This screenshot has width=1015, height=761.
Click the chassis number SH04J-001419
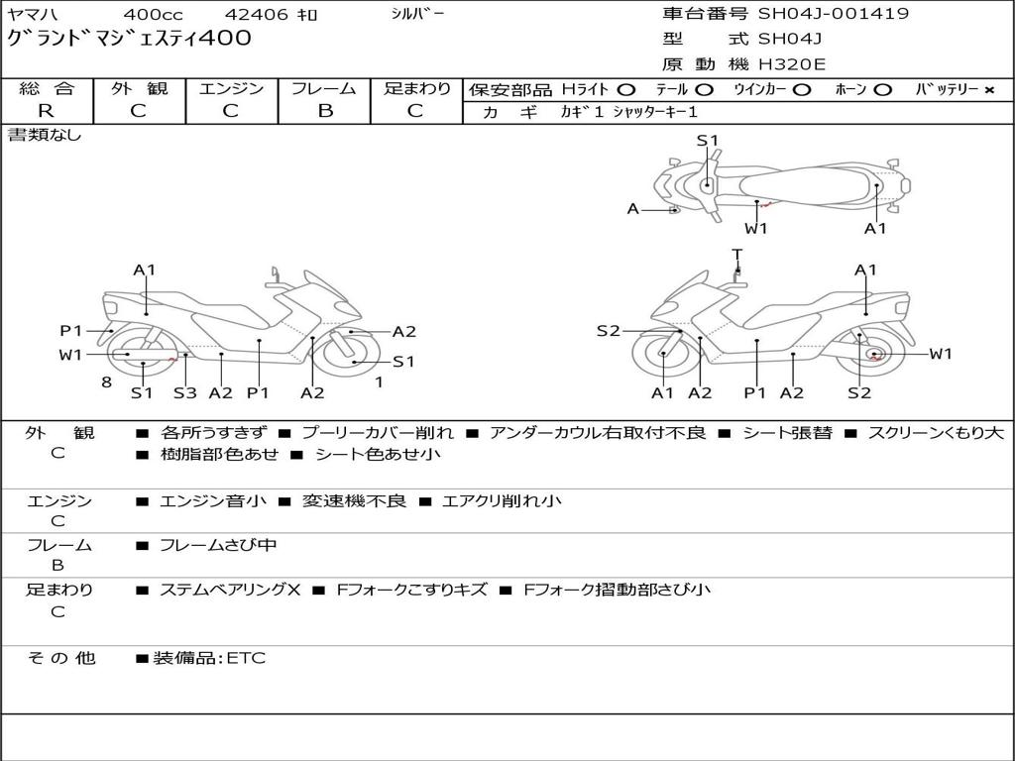833,14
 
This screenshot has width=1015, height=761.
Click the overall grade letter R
46,111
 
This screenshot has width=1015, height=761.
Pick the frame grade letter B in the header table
324,111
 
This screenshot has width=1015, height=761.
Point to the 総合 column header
46,89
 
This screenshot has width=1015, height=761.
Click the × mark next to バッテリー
988,90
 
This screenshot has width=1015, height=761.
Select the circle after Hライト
626,90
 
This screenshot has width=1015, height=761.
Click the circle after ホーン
882,90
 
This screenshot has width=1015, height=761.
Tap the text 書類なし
45,135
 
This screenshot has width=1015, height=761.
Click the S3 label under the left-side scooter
184,393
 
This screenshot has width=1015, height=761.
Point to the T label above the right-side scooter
736,255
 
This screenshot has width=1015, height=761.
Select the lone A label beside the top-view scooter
633,209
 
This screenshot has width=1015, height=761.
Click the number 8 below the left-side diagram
105,381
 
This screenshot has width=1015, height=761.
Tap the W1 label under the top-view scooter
756,229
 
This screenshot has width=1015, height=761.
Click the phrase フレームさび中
218,545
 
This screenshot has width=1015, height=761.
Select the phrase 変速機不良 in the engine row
355,501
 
